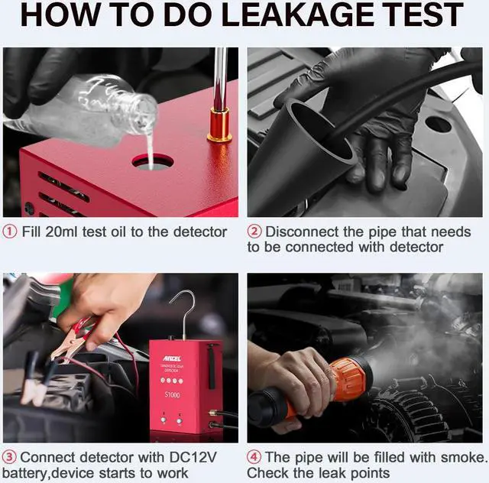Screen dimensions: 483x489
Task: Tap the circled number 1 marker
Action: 9,232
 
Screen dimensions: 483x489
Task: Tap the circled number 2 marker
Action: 254,232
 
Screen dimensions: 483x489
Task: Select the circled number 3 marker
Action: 9,458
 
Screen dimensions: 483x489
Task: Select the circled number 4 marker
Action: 254,458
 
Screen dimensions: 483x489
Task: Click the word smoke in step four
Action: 457,458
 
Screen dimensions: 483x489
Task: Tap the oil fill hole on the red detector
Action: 151,161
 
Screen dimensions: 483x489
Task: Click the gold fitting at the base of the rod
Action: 219,125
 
